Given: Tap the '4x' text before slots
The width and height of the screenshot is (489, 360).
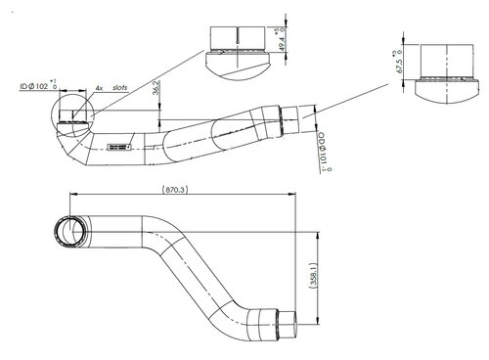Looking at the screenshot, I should pyautogui.click(x=99, y=88).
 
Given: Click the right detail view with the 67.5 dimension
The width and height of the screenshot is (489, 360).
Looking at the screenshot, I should pyautogui.click(x=443, y=71).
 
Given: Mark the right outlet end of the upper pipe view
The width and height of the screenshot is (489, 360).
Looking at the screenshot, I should pyautogui.click(x=289, y=124).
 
